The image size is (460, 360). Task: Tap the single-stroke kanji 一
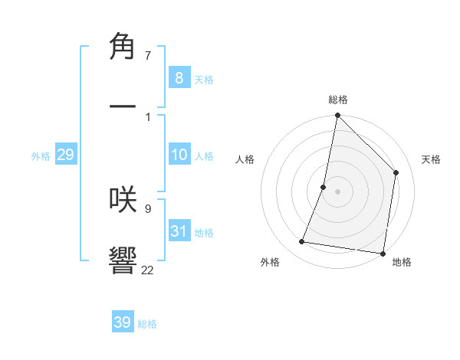(x=123, y=107)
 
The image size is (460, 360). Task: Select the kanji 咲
(x=123, y=199)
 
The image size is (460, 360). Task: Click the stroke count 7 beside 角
(x=148, y=55)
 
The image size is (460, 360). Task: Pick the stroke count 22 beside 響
(x=148, y=270)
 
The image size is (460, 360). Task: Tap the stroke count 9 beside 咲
(x=148, y=208)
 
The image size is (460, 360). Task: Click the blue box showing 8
(x=179, y=77)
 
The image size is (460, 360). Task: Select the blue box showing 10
(x=179, y=155)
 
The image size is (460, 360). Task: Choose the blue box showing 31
(x=179, y=231)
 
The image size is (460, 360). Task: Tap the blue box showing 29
(x=65, y=155)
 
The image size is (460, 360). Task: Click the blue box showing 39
(x=123, y=322)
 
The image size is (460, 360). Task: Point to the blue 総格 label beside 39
(x=147, y=324)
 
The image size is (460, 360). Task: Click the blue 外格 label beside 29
(x=41, y=156)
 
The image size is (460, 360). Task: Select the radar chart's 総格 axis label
(x=338, y=100)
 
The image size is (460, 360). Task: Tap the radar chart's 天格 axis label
(x=431, y=159)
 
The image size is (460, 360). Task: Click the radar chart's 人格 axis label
(x=245, y=159)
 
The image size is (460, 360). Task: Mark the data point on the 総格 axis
(x=337, y=116)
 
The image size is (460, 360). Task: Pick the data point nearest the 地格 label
(x=382, y=253)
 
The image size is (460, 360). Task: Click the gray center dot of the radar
(x=337, y=191)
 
